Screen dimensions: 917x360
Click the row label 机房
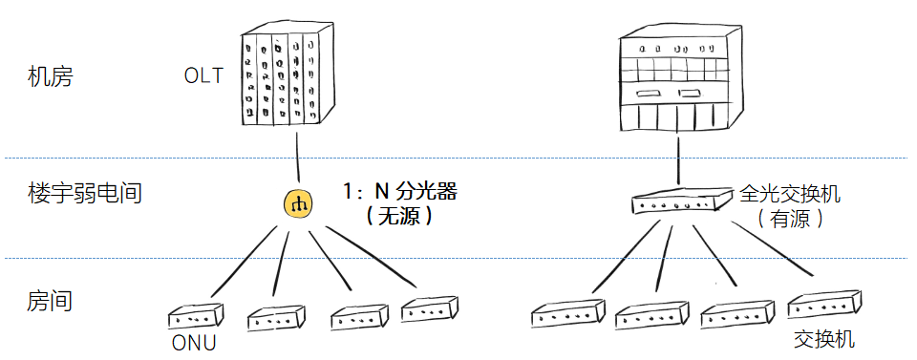pos(51,76)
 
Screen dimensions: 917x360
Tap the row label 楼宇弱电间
pos(85,193)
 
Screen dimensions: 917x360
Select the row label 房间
pos(51,301)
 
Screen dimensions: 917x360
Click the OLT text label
pos(203,76)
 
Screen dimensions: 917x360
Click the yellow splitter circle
pos(298,204)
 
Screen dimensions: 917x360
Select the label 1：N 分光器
pos(399,192)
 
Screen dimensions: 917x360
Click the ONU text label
pos(194,343)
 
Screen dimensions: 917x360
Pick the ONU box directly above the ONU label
pos(196,317)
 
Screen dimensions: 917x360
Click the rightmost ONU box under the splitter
pos(429,309)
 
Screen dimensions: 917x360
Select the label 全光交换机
pos(790,194)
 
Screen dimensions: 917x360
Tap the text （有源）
pos(790,219)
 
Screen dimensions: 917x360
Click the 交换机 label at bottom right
pos(824,339)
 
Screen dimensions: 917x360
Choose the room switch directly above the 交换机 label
pos(824,305)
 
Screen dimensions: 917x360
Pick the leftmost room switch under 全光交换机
pos(568,315)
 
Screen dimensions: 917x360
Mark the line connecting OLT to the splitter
pos(297,158)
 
